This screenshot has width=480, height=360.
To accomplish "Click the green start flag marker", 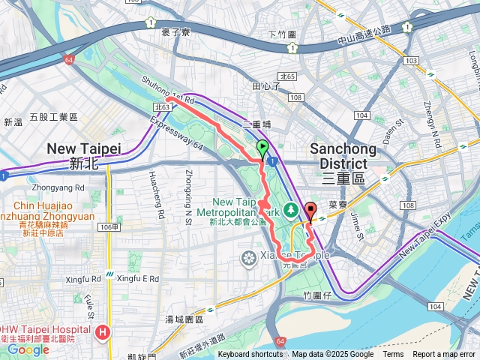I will click(262, 148).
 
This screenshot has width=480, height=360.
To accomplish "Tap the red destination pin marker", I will click(310, 210).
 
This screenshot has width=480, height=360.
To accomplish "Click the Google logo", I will click(28, 349).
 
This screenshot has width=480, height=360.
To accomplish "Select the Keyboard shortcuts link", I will click(250, 355).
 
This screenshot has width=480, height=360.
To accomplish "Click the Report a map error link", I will click(445, 355).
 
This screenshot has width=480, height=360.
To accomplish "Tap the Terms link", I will click(393, 355).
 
